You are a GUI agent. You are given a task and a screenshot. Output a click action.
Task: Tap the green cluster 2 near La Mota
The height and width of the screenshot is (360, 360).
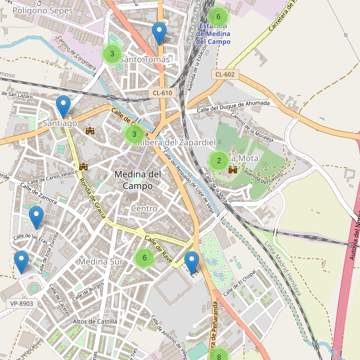pos(218,160)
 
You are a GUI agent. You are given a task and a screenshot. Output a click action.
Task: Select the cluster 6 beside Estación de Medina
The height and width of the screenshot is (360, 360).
pos(218,17)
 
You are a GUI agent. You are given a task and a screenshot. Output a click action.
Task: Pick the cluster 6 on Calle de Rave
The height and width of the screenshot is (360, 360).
pos(144,258)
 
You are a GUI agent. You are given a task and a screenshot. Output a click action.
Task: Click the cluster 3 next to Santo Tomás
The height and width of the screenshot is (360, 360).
pos(111,54)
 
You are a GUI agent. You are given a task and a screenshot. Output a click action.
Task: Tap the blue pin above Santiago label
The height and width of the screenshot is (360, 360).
pos(63,107)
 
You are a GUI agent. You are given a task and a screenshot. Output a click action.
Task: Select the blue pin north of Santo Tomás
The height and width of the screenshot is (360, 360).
pos(159,33)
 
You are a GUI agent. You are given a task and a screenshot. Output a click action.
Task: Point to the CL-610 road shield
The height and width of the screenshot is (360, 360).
pos(163,92)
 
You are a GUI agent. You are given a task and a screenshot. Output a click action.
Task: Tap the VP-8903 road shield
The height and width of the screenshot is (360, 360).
pos(22,304)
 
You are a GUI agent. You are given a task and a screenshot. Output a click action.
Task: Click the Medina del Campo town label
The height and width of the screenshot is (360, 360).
pos(137,180)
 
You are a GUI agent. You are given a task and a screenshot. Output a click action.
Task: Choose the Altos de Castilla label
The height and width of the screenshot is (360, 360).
pos(94,322)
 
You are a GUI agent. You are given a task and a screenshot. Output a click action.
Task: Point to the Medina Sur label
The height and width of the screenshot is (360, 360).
pos(100,262)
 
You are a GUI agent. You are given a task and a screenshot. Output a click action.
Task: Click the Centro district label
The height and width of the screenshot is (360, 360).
pos(144,208)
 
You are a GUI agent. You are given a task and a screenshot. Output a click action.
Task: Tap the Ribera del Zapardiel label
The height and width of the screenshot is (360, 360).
pos(176,142)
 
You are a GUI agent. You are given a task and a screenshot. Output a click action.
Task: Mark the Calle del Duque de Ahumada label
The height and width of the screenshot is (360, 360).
pos(233,106)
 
